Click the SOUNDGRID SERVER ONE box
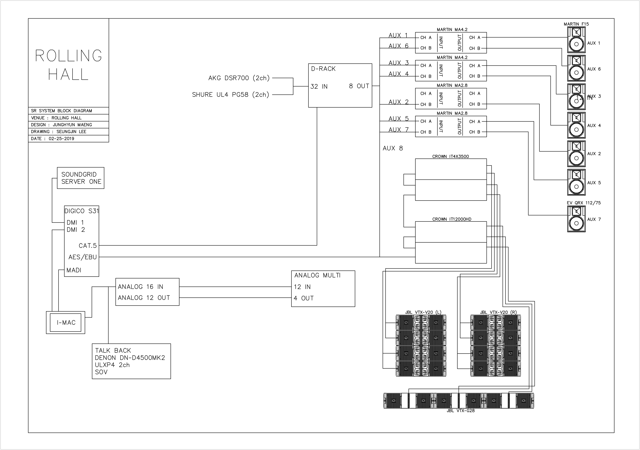[81, 178]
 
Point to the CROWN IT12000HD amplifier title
[452, 219]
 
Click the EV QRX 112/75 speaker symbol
[576, 219]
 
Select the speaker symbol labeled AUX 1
[576, 40]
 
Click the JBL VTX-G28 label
[460, 411]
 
